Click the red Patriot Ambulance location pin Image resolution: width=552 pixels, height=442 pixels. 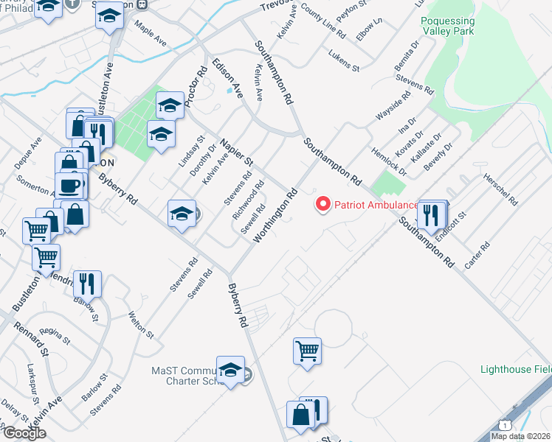[322, 204]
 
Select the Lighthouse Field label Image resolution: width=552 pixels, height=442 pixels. [515, 369]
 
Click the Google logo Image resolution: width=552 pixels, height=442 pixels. [24, 433]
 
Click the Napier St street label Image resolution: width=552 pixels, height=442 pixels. [236, 151]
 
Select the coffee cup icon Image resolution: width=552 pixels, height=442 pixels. [69, 184]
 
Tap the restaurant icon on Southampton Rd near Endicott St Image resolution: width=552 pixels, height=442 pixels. [430, 214]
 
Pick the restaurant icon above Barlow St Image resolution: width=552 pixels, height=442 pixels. [87, 283]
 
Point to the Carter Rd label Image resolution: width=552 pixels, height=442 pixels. [477, 255]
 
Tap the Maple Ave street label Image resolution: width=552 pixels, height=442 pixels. [151, 34]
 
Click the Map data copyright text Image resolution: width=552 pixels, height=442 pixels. [520, 436]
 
